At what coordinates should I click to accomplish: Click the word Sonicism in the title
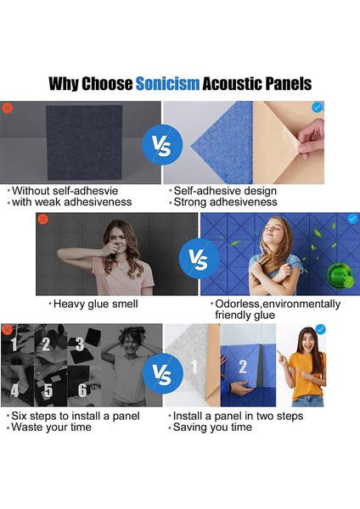[167, 83]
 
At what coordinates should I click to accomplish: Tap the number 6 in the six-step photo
[82, 391]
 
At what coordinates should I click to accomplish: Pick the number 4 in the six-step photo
[14, 391]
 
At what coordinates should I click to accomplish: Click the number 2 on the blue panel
[242, 367]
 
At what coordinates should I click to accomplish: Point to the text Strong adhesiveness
[224, 202]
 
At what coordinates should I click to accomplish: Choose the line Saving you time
[212, 428]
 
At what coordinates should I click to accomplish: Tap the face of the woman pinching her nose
[118, 235]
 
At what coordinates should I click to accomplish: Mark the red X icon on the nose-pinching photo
[43, 219]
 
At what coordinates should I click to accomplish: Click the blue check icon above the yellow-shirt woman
[320, 330]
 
